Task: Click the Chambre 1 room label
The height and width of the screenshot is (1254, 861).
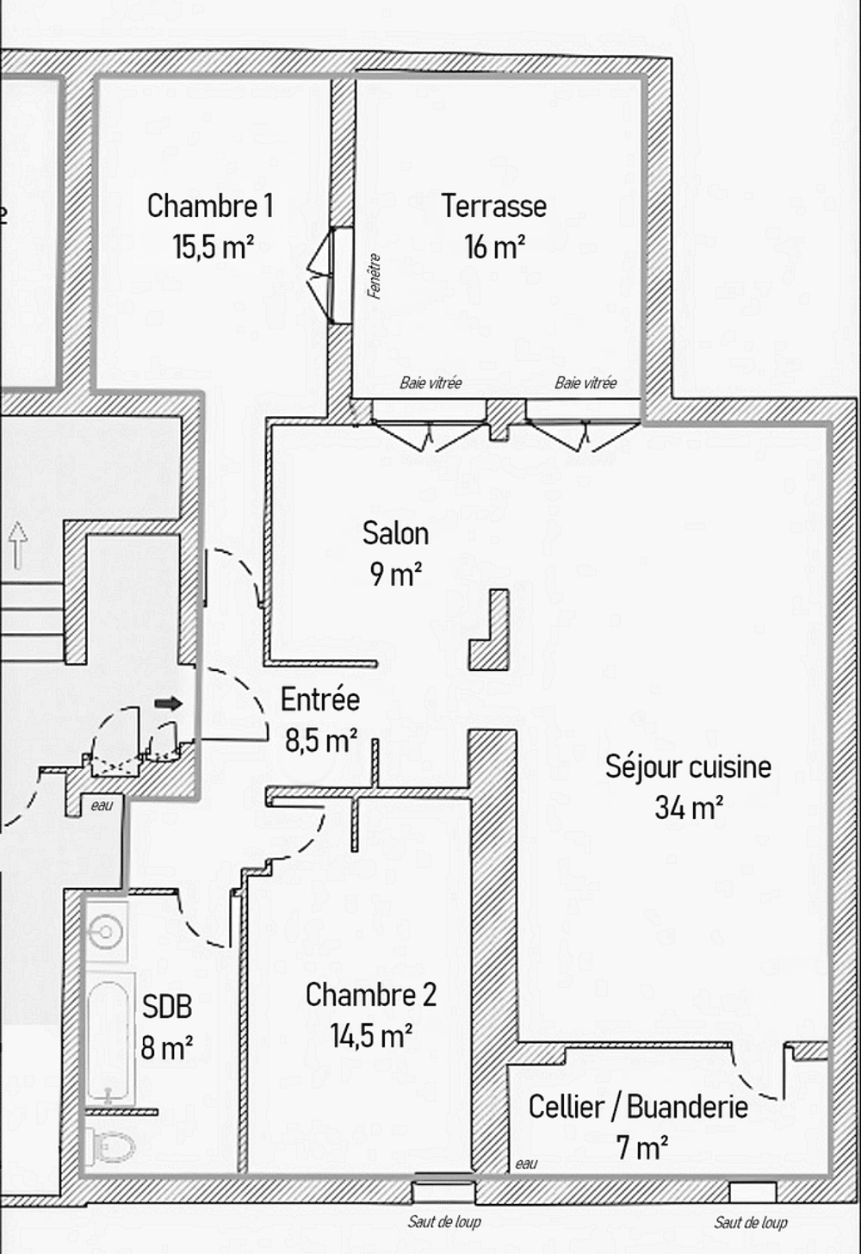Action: coord(210,206)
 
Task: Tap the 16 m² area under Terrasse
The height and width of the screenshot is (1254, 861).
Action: coord(494,247)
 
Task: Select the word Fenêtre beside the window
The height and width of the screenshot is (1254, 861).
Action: coord(374,276)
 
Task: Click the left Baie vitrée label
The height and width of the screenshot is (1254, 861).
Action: coord(430,383)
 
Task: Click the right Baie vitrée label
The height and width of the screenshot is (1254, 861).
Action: coord(585,383)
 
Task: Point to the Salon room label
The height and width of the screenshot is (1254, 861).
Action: coord(395,533)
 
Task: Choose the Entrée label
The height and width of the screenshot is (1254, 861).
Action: coord(320,699)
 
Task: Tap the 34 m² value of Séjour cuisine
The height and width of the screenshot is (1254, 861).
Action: coord(688,808)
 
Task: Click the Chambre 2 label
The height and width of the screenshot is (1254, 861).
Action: coord(371,995)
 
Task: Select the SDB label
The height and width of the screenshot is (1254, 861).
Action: coord(166,1007)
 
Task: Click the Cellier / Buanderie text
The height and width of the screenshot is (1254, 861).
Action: coord(638,1107)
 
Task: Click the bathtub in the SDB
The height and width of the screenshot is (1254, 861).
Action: coord(109,1038)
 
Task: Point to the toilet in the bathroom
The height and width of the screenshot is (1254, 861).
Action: coord(112,1146)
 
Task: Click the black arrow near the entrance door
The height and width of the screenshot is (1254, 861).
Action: coord(169,704)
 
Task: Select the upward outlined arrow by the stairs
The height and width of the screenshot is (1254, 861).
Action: coord(18,543)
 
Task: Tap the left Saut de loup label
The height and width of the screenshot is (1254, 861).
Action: coord(444,1221)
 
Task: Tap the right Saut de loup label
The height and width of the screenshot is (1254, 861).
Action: coord(751,1222)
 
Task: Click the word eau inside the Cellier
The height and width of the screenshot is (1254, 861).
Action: coord(526,1164)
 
